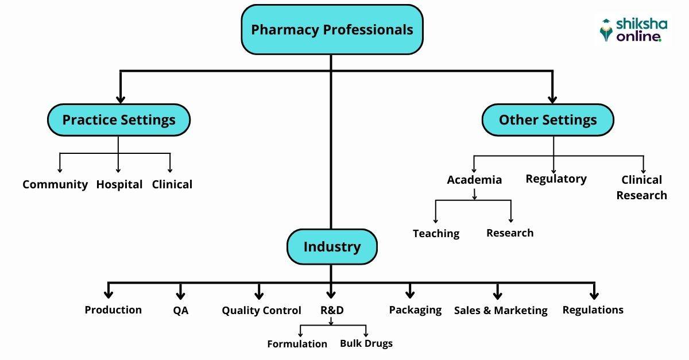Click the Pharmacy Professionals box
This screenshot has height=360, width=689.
pyautogui.click(x=332, y=30)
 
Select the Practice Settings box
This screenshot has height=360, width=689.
pyautogui.click(x=118, y=120)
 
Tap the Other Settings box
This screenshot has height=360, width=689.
pyautogui.click(x=547, y=120)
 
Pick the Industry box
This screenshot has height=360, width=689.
pyautogui.click(x=332, y=247)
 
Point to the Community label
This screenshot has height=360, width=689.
pyautogui.click(x=55, y=185)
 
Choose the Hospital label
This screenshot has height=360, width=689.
pyautogui.click(x=119, y=185)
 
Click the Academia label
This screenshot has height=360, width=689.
pyautogui.click(x=474, y=180)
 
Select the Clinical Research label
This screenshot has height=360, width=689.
pyautogui.click(x=641, y=188)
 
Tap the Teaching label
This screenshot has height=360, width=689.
pyautogui.click(x=436, y=233)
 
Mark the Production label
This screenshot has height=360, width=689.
pyautogui.click(x=113, y=310)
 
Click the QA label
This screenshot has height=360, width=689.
pyautogui.click(x=180, y=311)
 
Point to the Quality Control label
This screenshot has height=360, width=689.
pyautogui.click(x=261, y=311)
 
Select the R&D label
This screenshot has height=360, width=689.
pyautogui.click(x=332, y=310)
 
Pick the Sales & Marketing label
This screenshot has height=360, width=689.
pyautogui.click(x=501, y=311)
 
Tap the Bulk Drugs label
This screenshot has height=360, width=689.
pyautogui.click(x=366, y=343)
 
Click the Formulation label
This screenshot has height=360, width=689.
pyautogui.click(x=297, y=344)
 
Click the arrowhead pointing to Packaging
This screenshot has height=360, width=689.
pyautogui.click(x=410, y=294)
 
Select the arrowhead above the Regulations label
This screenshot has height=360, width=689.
pyautogui.click(x=593, y=294)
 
